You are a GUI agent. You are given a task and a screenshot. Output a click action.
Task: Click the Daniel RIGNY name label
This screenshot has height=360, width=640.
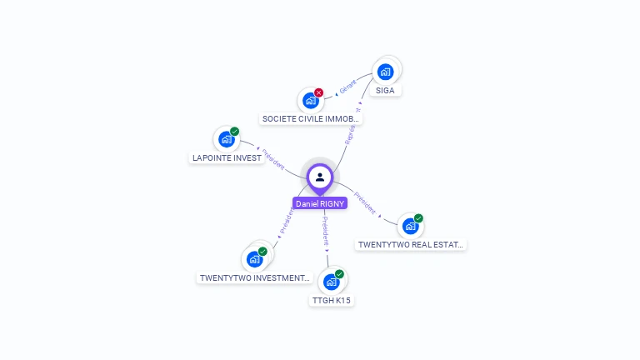coord(320,203)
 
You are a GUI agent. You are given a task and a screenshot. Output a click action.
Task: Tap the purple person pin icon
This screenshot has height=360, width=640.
coord(320,177)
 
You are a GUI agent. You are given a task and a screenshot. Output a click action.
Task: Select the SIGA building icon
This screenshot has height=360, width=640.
coord(385,72)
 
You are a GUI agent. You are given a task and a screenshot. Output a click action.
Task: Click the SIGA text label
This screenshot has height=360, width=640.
coord(385,90)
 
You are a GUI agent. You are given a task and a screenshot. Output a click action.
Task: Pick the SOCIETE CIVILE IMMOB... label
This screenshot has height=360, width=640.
coord(311,119)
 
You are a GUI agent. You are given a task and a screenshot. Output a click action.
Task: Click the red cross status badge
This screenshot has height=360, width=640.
coord(318,92)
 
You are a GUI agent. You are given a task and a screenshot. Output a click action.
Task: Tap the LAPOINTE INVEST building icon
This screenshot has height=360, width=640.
coord(226,139)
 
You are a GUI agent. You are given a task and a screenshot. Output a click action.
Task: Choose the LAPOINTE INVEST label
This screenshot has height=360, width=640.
coord(226,157)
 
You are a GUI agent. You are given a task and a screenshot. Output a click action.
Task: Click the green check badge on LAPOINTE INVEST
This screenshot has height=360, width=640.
coord(235,131)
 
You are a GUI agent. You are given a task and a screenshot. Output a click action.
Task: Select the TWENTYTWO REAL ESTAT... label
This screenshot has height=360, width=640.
coord(410,245)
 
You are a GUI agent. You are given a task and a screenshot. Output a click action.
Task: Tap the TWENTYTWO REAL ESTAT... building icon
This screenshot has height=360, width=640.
coord(410,226)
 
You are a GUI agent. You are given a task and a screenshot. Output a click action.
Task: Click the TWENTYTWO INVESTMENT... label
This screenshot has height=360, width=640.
coord(255,277)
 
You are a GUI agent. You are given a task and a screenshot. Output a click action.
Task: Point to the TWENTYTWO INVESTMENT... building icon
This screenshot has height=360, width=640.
coord(254,259)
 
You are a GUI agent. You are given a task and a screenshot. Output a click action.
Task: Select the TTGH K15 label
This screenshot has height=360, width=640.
coord(332,300)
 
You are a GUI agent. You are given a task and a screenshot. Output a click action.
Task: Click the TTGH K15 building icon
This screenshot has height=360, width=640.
coord(331,282)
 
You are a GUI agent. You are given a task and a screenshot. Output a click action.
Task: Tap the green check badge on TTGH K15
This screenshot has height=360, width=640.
coord(339,274)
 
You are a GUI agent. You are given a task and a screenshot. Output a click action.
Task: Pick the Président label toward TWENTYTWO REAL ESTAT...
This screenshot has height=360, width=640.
coord(365,203)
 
